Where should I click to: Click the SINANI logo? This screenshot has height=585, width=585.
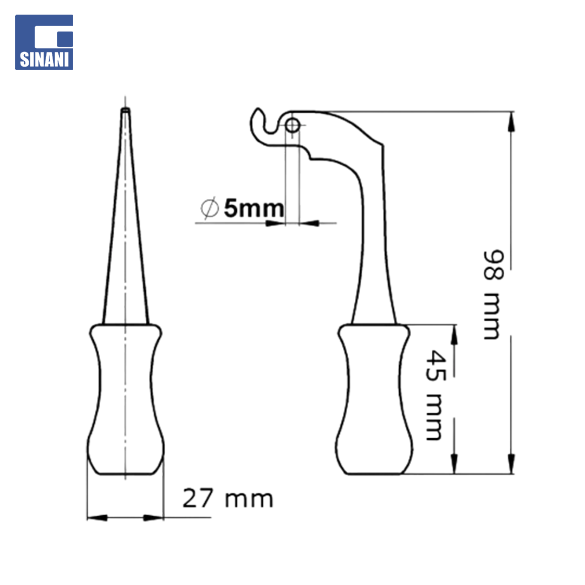(44, 42)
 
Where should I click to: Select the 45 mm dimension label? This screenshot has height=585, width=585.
(435, 395)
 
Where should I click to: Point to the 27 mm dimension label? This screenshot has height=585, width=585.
(227, 498)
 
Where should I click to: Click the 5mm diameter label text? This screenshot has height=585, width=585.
(253, 208)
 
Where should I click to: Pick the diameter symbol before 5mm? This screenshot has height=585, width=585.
(209, 208)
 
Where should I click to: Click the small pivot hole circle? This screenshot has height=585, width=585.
(292, 125)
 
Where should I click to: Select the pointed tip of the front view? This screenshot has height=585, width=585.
(125, 109)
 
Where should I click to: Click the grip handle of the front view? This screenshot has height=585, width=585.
(125, 399)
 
